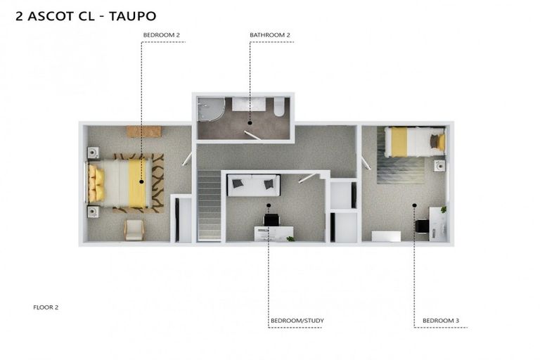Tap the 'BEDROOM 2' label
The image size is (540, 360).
coord(161,34)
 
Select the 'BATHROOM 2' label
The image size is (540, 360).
coord(270,34)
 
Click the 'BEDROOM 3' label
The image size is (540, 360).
coord(441,321)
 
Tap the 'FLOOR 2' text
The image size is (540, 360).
coord(46,307)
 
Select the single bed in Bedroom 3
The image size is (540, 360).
coord(415,141)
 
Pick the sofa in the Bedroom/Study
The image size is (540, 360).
coord(253,185)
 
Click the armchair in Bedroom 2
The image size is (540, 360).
coord(134,229)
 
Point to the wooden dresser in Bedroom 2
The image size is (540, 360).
coord(143,131)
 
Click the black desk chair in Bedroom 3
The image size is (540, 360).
coord(422,226)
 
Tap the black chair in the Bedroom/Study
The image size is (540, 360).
coord(271,219)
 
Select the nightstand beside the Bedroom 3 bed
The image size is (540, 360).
coord(439,166)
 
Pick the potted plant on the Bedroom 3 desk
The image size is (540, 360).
coord(444,209)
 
